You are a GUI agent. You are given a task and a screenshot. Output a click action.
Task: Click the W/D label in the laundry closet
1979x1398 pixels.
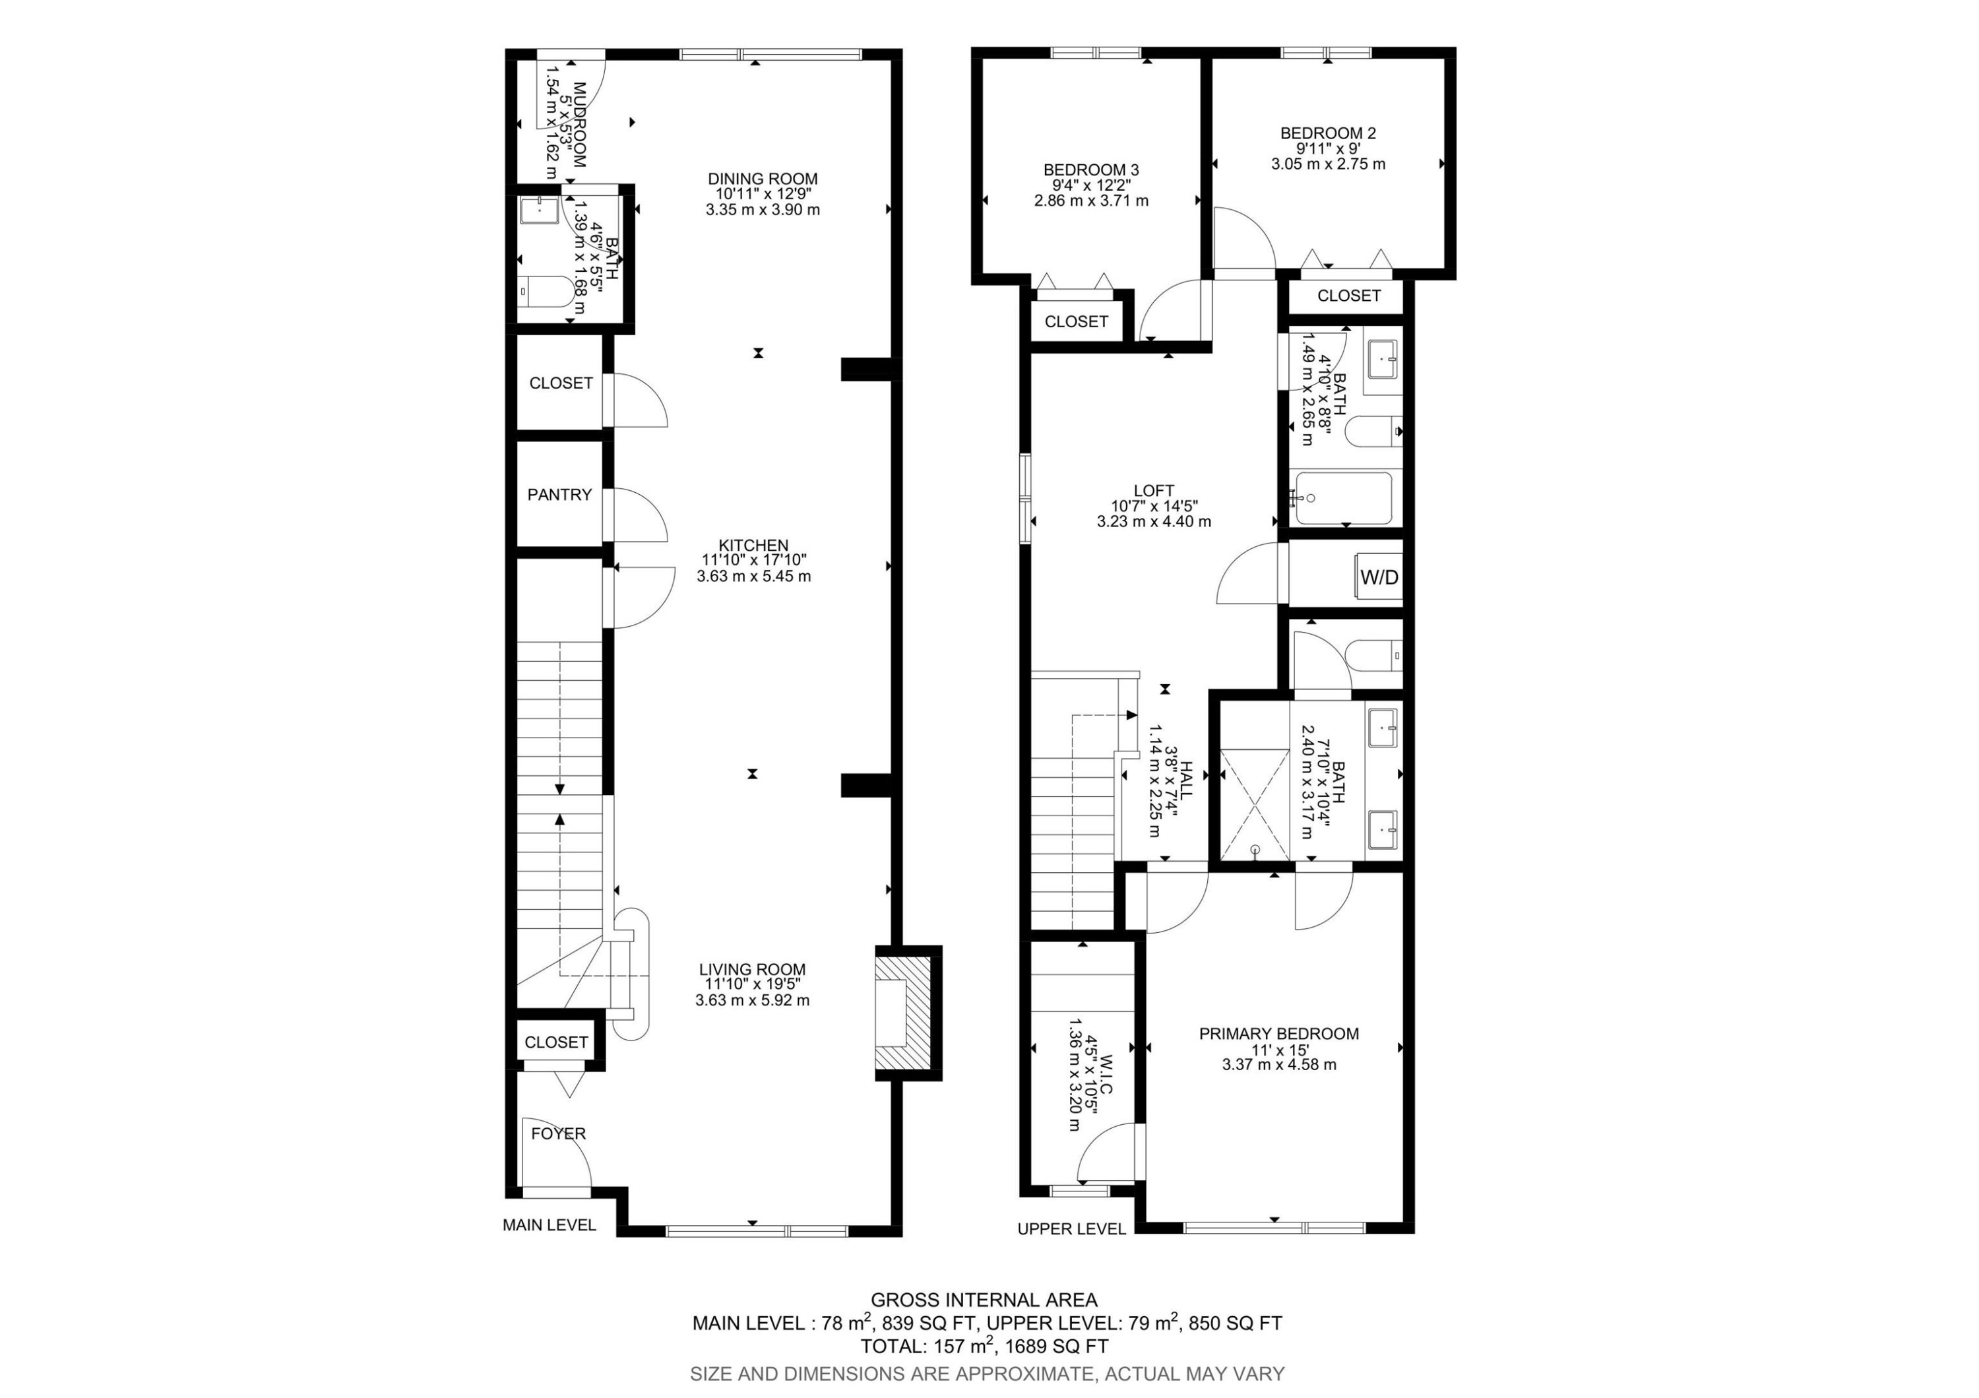[1379, 577]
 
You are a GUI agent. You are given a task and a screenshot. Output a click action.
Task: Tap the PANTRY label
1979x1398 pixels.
[559, 495]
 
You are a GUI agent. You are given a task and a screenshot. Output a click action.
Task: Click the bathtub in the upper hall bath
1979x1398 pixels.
[1344, 498]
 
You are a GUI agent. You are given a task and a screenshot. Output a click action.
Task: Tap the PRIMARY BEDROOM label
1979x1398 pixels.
[1278, 1033]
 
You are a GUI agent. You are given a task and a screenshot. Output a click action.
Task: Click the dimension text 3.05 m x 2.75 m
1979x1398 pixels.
[1327, 164]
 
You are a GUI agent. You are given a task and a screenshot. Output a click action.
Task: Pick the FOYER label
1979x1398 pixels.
[557, 1133]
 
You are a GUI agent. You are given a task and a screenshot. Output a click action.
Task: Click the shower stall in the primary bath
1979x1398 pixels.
[1255, 804]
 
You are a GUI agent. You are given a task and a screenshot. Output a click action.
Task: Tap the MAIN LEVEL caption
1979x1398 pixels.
[549, 1224]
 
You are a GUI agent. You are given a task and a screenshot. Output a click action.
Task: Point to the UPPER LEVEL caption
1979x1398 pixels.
[1071, 1229]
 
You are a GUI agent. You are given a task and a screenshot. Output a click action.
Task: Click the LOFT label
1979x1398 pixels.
[1153, 490]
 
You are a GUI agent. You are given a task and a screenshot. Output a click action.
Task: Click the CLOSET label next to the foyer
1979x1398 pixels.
[556, 1042]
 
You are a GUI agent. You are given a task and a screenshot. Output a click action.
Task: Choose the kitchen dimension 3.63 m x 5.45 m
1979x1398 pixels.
[753, 576]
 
